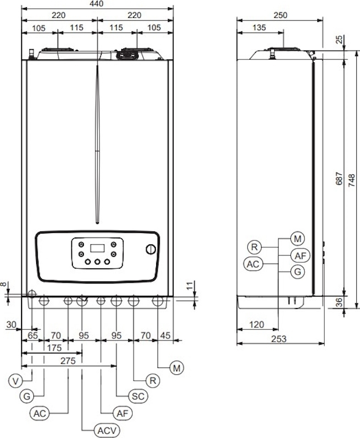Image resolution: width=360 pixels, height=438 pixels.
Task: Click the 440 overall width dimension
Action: click(97, 4)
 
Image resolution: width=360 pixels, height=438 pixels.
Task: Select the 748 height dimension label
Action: click(351, 180)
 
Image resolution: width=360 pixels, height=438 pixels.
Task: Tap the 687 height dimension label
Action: click(339, 178)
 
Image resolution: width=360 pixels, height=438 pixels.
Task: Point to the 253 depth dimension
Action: click(278, 339)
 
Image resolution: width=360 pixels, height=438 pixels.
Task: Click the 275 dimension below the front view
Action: click(68, 361)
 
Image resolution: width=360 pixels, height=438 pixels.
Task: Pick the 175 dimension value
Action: click(54, 348)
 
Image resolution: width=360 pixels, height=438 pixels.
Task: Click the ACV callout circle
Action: click(107, 431)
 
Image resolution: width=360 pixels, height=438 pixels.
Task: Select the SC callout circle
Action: click(138, 396)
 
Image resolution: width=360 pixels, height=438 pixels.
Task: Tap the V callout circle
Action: click(16, 381)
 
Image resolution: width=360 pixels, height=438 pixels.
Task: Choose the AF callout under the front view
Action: click(122, 413)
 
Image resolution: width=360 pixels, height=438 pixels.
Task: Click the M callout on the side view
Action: click(297, 239)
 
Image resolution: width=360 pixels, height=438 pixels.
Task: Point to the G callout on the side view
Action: click(297, 271)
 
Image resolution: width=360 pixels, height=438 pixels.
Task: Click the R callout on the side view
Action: click(254, 247)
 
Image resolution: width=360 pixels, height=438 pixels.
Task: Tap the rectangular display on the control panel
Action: click(97, 248)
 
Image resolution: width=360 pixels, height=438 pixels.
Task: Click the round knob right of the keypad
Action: click(151, 249)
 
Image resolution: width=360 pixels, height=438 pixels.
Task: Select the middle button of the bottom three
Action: click(97, 262)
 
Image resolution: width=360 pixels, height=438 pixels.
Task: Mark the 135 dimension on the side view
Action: click(259, 27)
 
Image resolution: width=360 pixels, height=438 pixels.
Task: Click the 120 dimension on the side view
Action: click(256, 324)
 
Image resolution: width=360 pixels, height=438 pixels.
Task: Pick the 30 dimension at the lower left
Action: click(11, 324)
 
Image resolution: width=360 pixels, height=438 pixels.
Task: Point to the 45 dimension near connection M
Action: click(165, 335)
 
